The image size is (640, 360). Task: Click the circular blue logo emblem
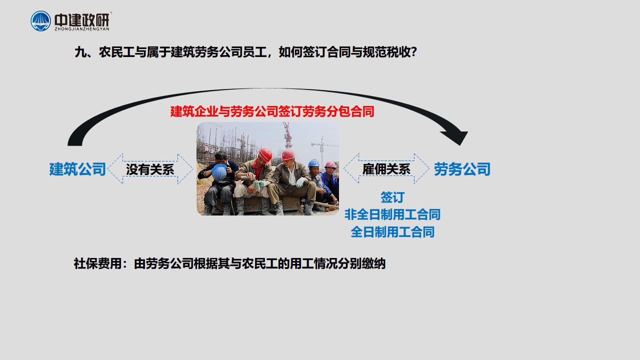(40, 21)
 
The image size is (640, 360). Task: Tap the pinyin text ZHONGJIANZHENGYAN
(82, 29)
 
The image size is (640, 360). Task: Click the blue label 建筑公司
(77, 169)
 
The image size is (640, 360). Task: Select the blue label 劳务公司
(462, 169)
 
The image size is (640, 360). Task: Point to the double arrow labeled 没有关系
(150, 169)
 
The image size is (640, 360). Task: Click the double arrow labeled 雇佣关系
(386, 168)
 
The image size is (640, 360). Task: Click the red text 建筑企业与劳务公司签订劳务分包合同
(272, 111)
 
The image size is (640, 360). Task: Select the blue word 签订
(392, 197)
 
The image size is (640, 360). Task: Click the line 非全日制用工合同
(392, 214)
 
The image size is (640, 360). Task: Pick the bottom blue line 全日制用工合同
(392, 231)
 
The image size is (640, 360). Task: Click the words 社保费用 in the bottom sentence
(97, 263)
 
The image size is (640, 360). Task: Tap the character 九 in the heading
(80, 52)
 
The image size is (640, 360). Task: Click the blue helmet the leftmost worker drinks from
(219, 172)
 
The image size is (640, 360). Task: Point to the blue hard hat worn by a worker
(313, 163)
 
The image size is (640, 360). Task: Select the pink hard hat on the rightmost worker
(330, 165)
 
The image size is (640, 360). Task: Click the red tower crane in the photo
(287, 135)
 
